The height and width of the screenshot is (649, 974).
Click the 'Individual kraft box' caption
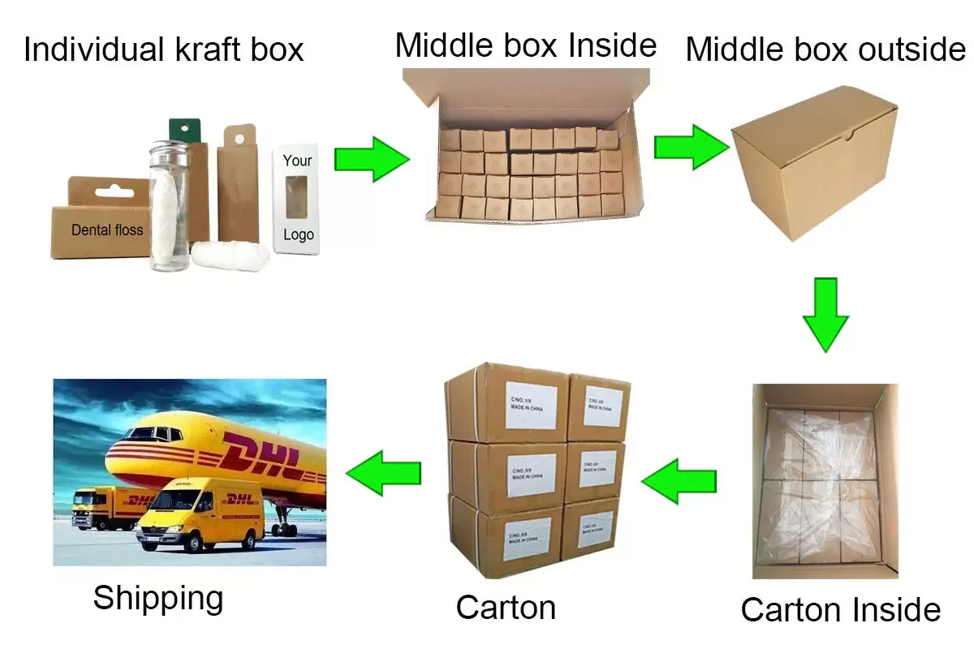[x=163, y=49]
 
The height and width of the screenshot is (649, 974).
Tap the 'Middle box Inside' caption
[x=525, y=45]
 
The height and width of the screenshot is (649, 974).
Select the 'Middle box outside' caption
[x=825, y=49]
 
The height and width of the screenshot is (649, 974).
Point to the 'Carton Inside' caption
[x=840, y=609]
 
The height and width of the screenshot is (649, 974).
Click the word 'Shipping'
[x=157, y=598]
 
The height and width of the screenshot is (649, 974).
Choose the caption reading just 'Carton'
[x=506, y=607]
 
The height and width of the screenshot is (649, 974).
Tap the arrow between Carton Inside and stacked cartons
[x=679, y=481]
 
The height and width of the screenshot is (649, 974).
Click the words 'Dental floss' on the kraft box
[x=106, y=230]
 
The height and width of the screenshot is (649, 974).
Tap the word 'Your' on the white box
[x=297, y=160]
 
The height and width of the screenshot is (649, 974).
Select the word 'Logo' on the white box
[x=298, y=235]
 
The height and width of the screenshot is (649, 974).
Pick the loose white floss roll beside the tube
[x=223, y=255]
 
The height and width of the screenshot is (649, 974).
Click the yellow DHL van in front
[x=202, y=514]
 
